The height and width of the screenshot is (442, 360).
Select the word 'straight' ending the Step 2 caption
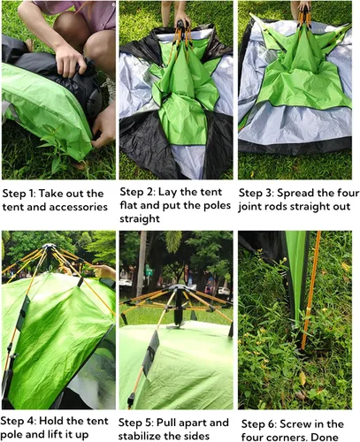tap(140, 218)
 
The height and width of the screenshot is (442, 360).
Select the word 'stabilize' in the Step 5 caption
tap(141, 436)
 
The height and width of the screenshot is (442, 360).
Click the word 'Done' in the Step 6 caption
tap(325, 437)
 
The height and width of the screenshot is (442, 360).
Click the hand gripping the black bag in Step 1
tap(68, 60)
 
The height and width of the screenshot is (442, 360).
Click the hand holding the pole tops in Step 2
tap(181, 19)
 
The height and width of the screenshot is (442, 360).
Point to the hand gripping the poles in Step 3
tap(304, 6)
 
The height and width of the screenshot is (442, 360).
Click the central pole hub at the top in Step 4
tap(49, 246)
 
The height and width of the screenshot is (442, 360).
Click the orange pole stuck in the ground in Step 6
tap(311, 290)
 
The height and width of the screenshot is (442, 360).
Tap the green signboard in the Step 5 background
tap(149, 271)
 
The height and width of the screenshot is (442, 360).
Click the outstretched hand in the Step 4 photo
tap(103, 271)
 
